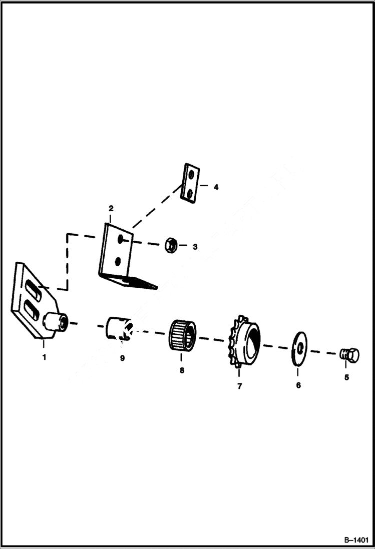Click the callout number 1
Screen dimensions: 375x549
44,357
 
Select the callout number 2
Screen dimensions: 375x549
111,208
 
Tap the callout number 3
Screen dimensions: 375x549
195,247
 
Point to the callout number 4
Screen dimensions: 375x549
216,187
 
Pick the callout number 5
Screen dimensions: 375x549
346,377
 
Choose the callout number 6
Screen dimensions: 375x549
298,385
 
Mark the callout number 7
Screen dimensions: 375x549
239,386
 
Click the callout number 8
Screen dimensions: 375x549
182,370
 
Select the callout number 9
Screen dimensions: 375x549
122,358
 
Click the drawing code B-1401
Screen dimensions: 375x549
356,540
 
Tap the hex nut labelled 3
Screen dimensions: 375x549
169,245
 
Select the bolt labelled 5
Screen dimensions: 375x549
349,355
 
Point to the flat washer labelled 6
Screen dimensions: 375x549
299,345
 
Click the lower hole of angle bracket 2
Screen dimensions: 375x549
118,261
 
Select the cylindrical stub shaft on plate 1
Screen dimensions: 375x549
56,321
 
